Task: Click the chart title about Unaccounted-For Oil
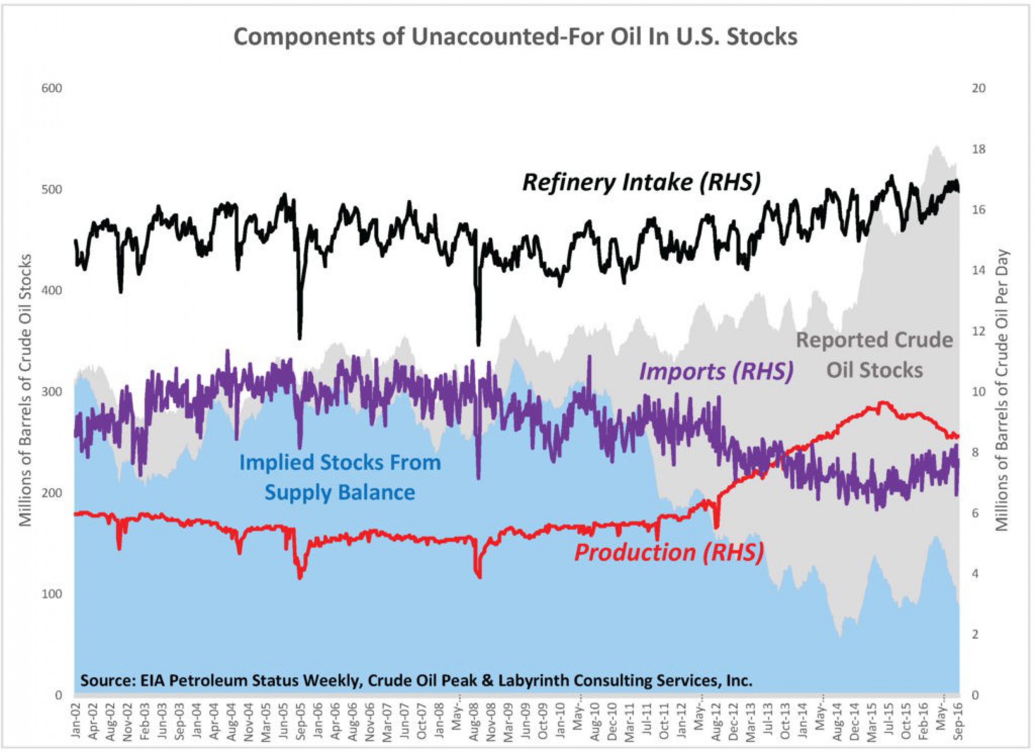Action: pos(515,37)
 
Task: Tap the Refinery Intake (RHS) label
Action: pos(641,183)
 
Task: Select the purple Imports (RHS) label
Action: pos(716,371)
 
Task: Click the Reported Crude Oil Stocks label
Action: pos(874,355)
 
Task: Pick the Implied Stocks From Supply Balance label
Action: pos(340,477)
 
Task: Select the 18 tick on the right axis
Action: pos(979,150)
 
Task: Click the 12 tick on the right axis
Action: pos(979,331)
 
